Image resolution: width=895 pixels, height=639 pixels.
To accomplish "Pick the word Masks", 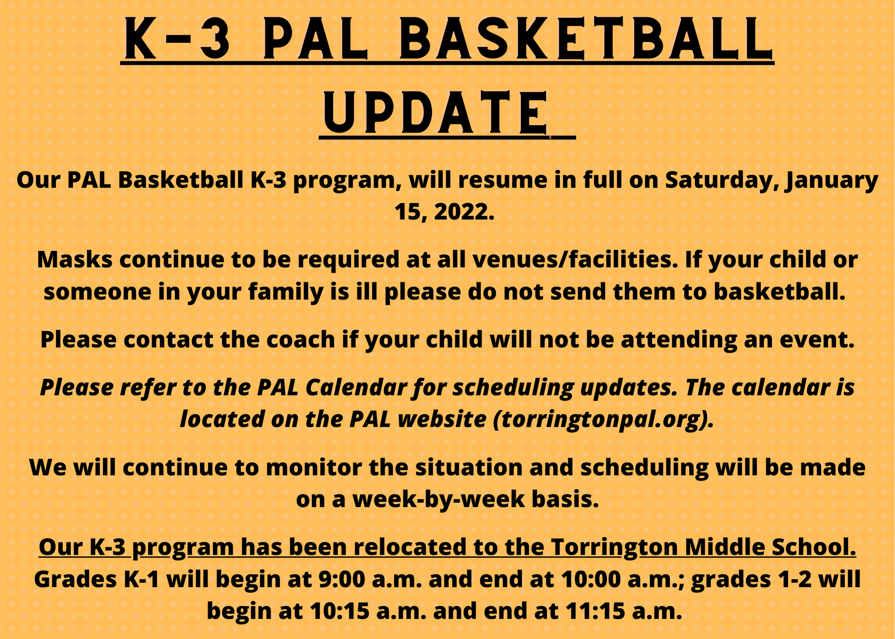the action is coord(75,260).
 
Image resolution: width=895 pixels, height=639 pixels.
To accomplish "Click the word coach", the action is coord(300,339).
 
